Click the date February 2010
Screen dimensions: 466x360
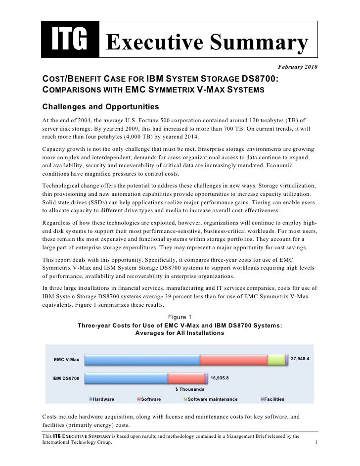298,66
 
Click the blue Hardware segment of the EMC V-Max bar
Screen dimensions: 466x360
142,360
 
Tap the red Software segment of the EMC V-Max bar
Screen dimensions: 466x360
233,360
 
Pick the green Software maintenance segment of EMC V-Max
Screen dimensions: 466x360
276,360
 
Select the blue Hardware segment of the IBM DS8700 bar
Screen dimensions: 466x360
126,379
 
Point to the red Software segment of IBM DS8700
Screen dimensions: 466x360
186,379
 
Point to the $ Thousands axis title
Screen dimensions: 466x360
189,389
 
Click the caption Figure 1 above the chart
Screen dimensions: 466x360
180,317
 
